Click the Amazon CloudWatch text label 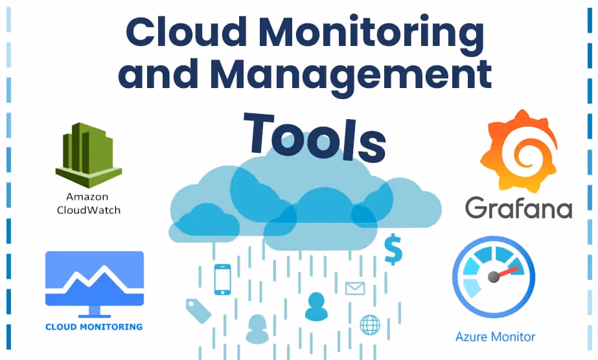pos(88,203)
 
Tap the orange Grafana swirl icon pos(518,150)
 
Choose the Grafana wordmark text pos(518,207)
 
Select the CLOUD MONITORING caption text pos(94,326)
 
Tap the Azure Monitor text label pos(496,337)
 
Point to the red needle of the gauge pos(509,271)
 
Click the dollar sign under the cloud pos(393,250)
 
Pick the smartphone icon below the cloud pos(222,279)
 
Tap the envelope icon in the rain pos(355,288)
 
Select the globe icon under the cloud pos(370,324)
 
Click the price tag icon pos(198,310)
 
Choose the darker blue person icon pos(316,306)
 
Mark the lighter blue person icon pos(257,329)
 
